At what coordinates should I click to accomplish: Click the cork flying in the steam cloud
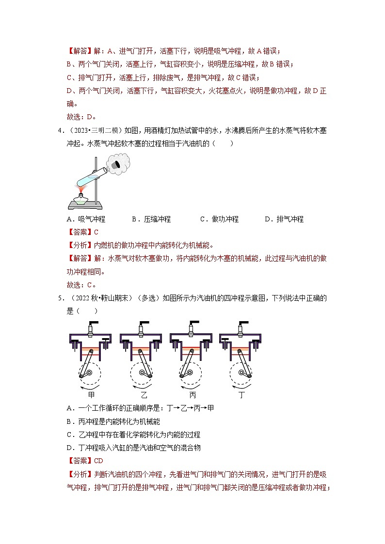pyautogui.click(x=117, y=166)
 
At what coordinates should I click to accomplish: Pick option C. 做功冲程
pyautogui.click(x=219, y=219)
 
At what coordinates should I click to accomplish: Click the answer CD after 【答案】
pyautogui.click(x=98, y=461)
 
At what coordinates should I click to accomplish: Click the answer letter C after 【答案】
pyautogui.click(x=96, y=232)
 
